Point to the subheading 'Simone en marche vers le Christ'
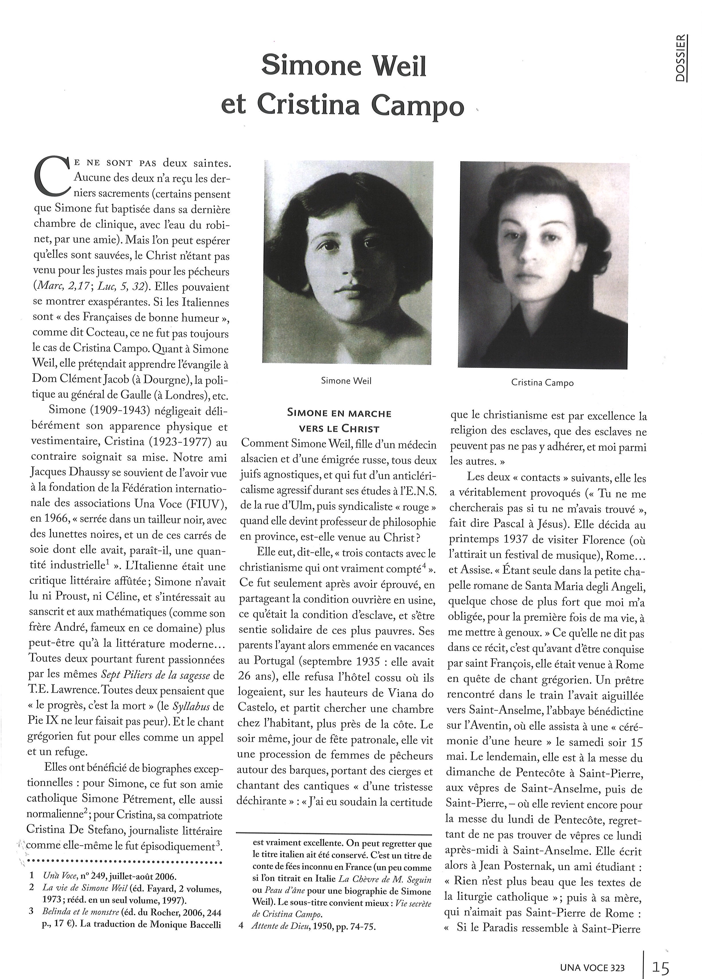pyautogui.click(x=339, y=421)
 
